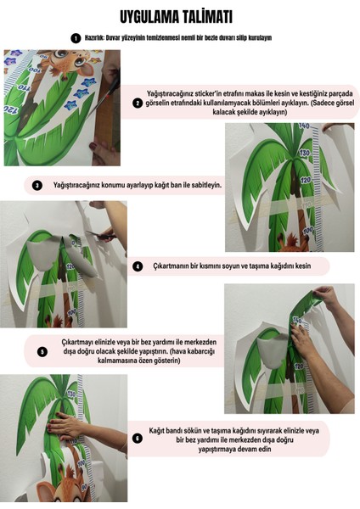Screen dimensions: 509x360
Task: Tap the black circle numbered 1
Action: coord(76,38)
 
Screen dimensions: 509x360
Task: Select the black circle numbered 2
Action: coord(138,103)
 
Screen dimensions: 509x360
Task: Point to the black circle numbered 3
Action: coord(37,185)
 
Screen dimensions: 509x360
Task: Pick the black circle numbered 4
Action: coord(138,266)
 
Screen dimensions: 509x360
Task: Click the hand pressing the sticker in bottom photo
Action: coord(68,424)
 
